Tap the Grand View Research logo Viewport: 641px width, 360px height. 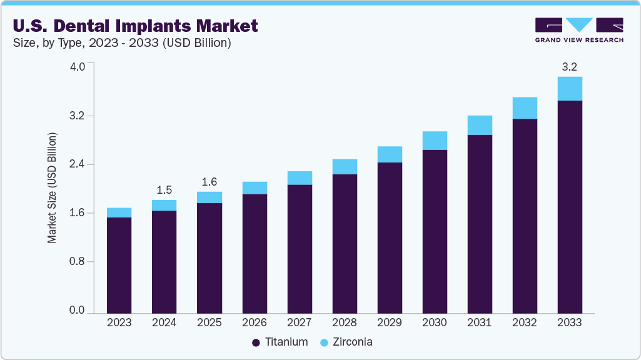tap(578, 30)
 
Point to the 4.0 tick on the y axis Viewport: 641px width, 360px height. tap(77, 67)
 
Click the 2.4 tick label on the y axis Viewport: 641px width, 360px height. tap(77, 164)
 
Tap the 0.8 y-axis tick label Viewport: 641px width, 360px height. tap(77, 261)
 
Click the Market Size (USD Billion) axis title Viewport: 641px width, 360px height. tap(52, 188)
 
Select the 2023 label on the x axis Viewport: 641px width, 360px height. tap(119, 322)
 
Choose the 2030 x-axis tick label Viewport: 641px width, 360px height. tap(435, 322)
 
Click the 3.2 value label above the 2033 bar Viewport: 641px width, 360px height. tap(569, 66)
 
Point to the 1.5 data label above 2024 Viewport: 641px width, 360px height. tap(164, 189)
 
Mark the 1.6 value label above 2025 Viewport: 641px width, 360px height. tap(209, 182)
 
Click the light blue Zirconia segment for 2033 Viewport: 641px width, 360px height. tap(570, 89)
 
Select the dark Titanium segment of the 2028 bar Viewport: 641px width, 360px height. tap(345, 244)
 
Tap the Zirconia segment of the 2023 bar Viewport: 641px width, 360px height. tap(119, 212)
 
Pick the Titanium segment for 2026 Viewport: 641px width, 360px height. tap(255, 253)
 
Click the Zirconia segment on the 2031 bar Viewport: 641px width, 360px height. tap(480, 125)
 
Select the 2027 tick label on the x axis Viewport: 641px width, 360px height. tap(300, 322)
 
